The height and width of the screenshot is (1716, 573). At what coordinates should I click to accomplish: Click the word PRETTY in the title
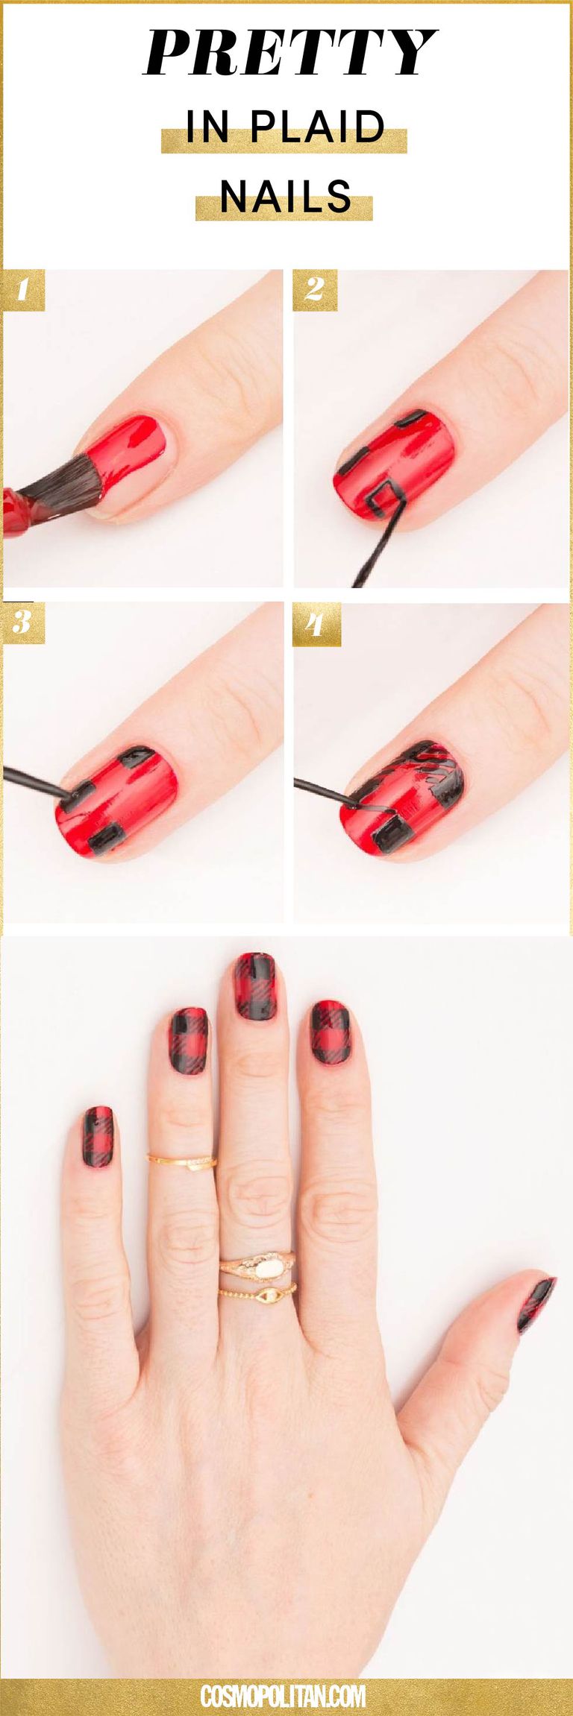289,53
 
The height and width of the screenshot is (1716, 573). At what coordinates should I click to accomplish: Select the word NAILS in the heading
286,196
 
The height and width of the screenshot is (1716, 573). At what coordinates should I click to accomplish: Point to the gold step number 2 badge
315,291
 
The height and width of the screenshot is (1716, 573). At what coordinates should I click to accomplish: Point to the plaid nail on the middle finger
255,986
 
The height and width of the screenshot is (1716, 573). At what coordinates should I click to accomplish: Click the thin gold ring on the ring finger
181,1161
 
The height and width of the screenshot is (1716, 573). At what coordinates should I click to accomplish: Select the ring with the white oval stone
257,1263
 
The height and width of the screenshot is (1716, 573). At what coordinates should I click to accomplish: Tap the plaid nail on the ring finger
188,1041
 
